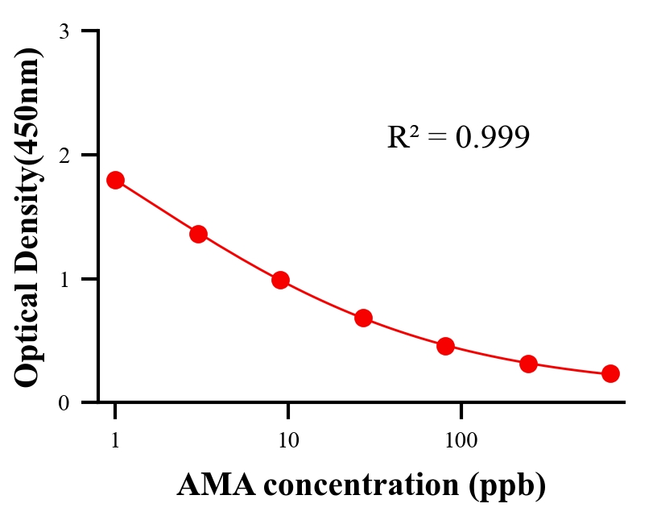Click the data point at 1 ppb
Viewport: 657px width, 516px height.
tap(115, 180)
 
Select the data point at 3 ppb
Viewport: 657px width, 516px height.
tap(198, 234)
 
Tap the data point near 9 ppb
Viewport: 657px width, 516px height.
tap(280, 280)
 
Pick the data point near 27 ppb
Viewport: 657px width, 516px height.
tap(363, 318)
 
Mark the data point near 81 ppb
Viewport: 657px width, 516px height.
tap(445, 347)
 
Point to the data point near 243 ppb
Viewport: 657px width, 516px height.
tap(528, 364)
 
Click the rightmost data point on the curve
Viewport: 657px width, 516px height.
tap(610, 373)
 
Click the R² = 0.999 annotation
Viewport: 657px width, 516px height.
tap(458, 137)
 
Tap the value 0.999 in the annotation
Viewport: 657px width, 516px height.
tap(492, 138)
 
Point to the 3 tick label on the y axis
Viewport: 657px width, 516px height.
tap(64, 32)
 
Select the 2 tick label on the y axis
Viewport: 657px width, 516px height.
tap(64, 155)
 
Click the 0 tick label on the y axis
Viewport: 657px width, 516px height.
tap(64, 403)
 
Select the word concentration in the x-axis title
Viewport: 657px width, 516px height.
tap(358, 485)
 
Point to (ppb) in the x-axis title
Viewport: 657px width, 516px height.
tap(510, 486)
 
